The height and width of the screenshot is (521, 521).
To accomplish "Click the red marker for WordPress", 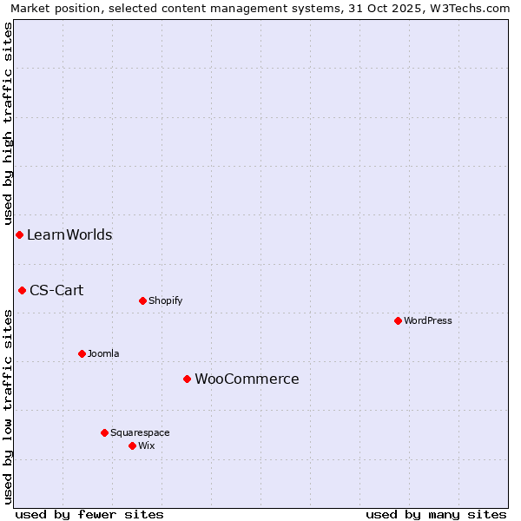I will [x=398, y=320].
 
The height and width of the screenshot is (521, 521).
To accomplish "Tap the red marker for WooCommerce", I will [x=187, y=379].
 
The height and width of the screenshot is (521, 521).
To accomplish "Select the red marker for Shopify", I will [x=142, y=300].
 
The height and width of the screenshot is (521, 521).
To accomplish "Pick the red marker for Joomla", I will [x=82, y=353].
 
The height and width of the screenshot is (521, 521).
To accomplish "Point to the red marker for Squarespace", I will [x=104, y=432].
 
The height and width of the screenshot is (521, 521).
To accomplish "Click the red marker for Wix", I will [x=132, y=445].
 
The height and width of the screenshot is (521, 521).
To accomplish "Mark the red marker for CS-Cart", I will [x=22, y=290].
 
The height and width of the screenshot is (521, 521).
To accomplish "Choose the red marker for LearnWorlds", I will [x=19, y=234].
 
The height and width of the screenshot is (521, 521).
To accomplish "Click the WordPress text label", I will [x=428, y=320].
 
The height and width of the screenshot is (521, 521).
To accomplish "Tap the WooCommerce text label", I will [x=247, y=379].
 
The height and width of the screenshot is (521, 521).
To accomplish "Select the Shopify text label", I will [x=165, y=300].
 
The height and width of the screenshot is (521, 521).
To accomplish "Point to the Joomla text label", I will [x=103, y=353].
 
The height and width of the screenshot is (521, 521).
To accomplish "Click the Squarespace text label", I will [x=140, y=432].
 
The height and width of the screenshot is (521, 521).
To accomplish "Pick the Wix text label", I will [x=147, y=445].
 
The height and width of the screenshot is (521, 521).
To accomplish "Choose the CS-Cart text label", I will [x=56, y=290].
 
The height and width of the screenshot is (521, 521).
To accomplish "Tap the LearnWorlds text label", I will [x=69, y=234].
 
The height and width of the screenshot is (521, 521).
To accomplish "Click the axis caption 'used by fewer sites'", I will [x=89, y=514].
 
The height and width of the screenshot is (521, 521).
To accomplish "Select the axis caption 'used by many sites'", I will [x=436, y=514].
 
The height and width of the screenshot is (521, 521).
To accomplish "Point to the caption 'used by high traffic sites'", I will [x=8, y=122].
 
